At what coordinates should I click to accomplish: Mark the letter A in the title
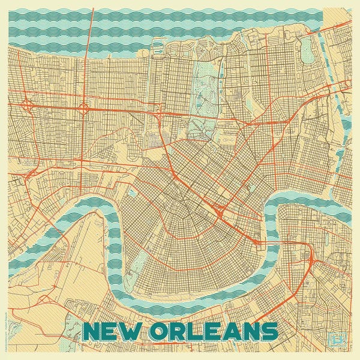[230, 331]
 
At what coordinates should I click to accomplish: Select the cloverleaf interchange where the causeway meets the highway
[83, 109]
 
